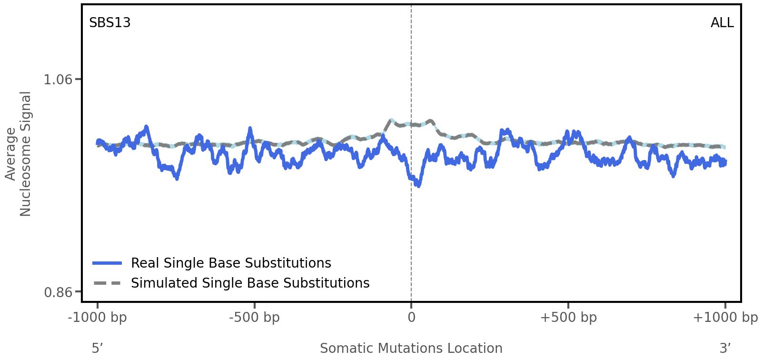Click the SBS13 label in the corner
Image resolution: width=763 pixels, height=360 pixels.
click(109, 23)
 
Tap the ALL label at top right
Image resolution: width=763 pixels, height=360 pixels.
click(722, 23)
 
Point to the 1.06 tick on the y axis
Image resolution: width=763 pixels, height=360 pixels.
click(58, 79)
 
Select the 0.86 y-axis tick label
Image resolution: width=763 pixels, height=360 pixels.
click(58, 292)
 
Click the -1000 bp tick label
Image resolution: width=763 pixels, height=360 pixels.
click(98, 318)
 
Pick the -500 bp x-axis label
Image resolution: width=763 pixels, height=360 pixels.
click(254, 318)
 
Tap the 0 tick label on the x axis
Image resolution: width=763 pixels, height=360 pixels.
click(411, 318)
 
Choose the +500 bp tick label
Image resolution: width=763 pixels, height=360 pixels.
click(568, 318)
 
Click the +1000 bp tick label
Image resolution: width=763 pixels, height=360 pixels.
click(725, 318)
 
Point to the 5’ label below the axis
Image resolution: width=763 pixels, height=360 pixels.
click(98, 348)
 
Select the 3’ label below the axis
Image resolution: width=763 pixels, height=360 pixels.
click(725, 348)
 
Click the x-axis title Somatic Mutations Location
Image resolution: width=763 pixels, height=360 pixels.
click(411, 348)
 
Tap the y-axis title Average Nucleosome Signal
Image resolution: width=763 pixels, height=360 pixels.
click(19, 154)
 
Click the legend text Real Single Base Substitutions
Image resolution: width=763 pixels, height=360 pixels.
click(231, 263)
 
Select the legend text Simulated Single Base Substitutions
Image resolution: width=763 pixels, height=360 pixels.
click(250, 283)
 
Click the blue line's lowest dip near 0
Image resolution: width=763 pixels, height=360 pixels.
click(418, 185)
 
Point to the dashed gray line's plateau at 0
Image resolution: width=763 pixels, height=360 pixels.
click(411, 125)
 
